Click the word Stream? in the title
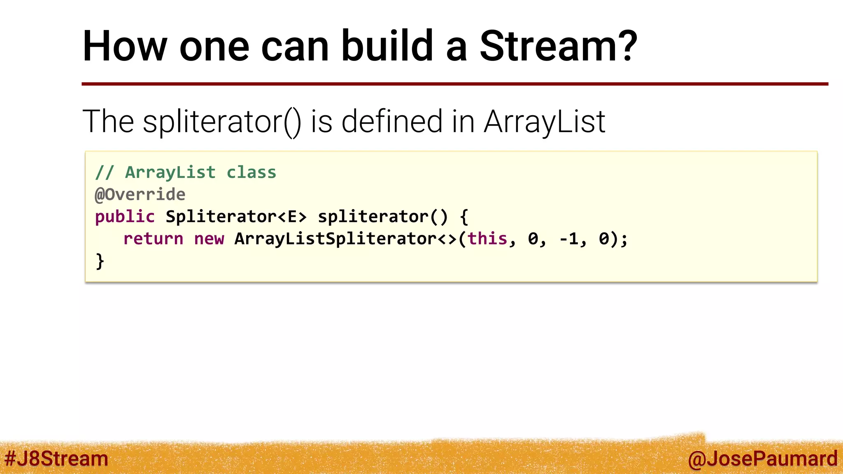click(558, 46)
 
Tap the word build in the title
click(387, 46)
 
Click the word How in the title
click(125, 46)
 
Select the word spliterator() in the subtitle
click(222, 122)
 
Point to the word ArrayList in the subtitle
click(544, 122)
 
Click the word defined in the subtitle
click(391, 122)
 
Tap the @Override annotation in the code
click(140, 194)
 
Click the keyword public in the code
click(125, 216)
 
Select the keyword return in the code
click(153, 239)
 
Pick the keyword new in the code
click(209, 239)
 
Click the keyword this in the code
click(487, 239)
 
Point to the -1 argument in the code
click(569, 239)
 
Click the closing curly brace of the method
click(100, 261)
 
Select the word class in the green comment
click(252, 172)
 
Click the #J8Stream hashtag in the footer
click(56, 458)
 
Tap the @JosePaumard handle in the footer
click(762, 458)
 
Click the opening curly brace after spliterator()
click(464, 216)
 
